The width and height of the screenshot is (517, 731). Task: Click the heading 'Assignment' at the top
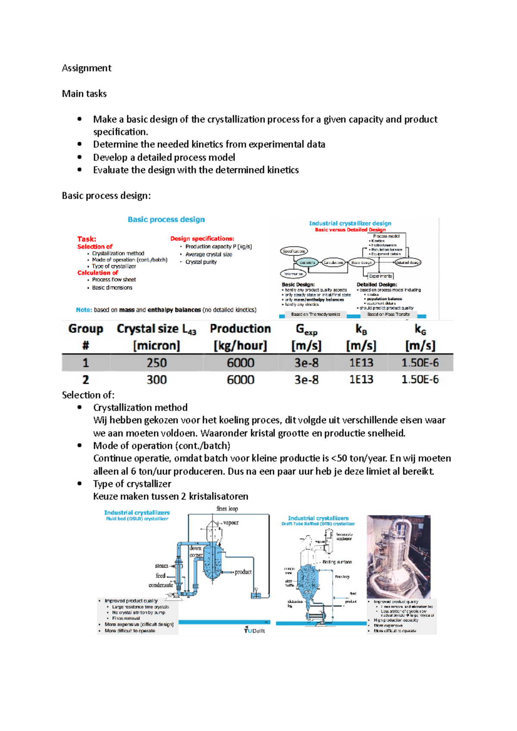point(87,68)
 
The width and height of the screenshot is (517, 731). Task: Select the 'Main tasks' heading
point(84,93)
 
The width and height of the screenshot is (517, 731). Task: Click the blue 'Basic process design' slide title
point(166,220)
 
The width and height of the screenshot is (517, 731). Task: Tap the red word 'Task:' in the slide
point(87,239)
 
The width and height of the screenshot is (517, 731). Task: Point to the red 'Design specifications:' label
point(202,239)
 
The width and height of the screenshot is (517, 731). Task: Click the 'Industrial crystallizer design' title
point(350,223)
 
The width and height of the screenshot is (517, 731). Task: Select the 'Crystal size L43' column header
point(156,329)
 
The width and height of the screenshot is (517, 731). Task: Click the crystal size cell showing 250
point(156,363)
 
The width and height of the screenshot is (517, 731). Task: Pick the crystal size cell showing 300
point(156,380)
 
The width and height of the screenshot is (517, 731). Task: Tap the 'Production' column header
point(240,329)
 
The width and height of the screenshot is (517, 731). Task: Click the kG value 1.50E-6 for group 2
point(420,380)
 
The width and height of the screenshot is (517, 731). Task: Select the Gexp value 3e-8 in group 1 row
point(306,363)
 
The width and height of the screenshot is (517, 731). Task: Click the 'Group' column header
point(86,329)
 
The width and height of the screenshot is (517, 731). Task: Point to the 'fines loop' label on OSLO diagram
point(227,509)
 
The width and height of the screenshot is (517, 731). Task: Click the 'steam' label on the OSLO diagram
point(161,566)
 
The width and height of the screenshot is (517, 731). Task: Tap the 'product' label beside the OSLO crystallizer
point(243,572)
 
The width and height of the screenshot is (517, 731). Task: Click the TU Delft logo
point(254,630)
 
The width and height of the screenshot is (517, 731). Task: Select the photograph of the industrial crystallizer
point(399,557)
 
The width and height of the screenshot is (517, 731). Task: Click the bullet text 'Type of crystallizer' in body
point(132,484)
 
